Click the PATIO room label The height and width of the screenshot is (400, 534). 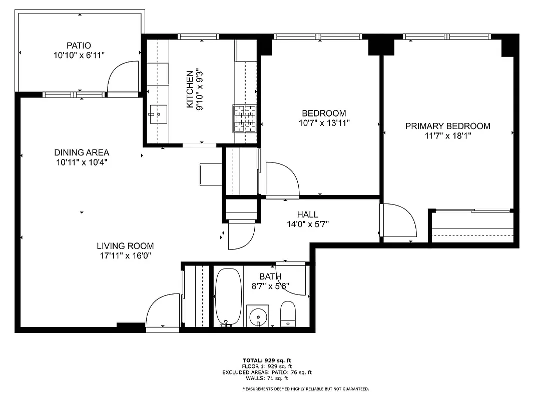coord(79,45)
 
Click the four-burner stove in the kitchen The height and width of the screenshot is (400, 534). coord(244,118)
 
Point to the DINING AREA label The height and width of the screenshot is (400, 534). coord(82,152)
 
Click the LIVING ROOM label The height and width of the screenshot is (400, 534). coord(125,246)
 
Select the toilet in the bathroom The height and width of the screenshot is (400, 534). coord(288,313)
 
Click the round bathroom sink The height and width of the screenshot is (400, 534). coord(258,315)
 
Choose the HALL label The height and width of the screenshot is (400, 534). coord(307,214)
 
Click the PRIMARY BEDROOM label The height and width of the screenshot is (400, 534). coord(447,126)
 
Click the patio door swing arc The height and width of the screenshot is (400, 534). coord(121,76)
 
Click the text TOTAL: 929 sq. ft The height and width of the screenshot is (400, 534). coord(266,360)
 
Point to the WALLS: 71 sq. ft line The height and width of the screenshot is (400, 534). coord(267,378)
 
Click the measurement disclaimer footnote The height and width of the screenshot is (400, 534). coord(305,389)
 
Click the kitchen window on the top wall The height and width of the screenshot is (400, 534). coord(199,36)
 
